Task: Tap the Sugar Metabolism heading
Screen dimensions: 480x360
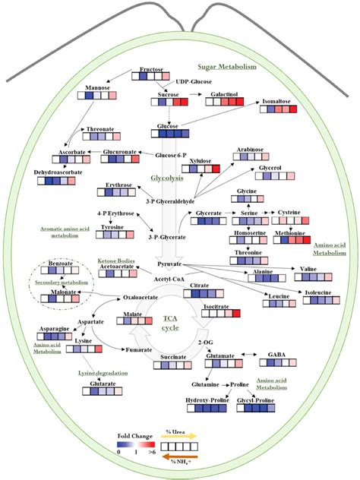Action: click(x=227, y=67)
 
